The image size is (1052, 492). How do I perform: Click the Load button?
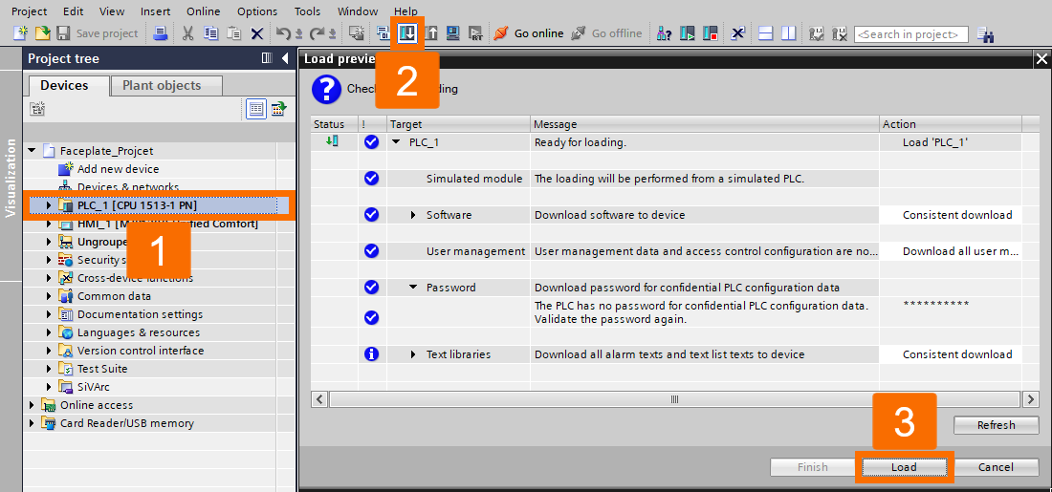(x=904, y=467)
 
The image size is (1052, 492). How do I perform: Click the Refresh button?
(x=996, y=425)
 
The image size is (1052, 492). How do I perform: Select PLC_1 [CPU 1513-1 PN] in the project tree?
(x=138, y=205)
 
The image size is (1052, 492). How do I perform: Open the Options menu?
(x=257, y=11)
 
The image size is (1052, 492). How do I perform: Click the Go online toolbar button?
(x=529, y=33)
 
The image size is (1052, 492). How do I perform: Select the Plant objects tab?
(x=162, y=85)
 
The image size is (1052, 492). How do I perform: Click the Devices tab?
(x=64, y=85)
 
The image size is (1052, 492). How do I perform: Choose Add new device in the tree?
(x=118, y=169)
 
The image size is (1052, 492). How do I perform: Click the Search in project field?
(x=910, y=34)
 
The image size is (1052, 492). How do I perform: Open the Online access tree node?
(x=97, y=405)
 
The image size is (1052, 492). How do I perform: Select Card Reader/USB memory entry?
(x=126, y=423)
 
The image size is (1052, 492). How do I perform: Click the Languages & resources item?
(x=139, y=332)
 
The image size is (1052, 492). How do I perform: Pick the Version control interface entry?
(x=141, y=351)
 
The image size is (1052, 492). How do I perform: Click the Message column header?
(x=555, y=124)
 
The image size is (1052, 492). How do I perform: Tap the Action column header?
(x=899, y=124)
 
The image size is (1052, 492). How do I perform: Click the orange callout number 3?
(x=904, y=422)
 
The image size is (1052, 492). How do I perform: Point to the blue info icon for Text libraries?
(x=371, y=354)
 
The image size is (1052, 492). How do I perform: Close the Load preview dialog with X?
(x=1041, y=59)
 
